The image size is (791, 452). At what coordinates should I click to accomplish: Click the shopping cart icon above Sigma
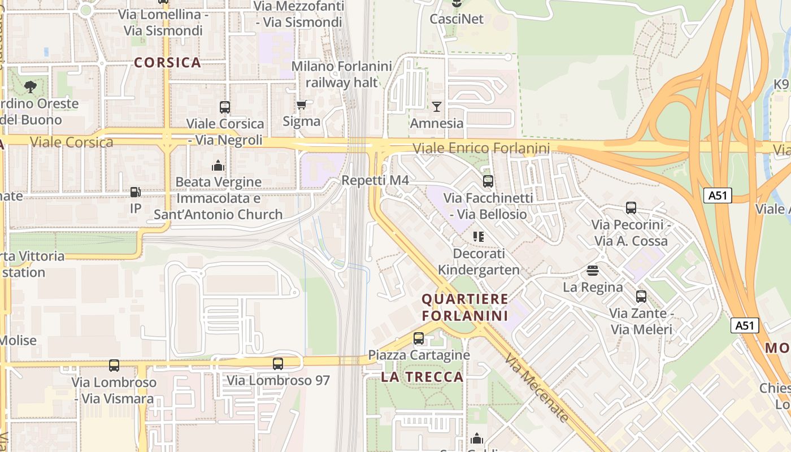coord(301,105)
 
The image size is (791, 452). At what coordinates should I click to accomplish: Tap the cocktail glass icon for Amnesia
coord(436,106)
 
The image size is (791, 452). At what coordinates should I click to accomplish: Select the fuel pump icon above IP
coord(135,192)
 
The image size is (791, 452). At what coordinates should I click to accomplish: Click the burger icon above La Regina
coord(592,270)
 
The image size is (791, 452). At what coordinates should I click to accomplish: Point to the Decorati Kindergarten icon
coord(479,236)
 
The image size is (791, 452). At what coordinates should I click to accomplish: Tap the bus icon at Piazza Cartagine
coord(418,338)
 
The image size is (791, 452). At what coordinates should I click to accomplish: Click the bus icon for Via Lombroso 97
coord(277,363)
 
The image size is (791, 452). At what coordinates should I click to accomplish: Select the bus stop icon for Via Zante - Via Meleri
coord(641,296)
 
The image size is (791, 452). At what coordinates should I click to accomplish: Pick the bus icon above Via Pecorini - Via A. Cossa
coord(631,207)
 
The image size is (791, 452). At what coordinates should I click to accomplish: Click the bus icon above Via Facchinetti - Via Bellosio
coord(488,181)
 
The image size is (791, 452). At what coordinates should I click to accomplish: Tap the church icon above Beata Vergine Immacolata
coord(218,165)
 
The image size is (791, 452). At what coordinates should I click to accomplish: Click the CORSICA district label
coord(168,63)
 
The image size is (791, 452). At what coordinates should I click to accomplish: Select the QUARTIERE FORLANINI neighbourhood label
coord(465,307)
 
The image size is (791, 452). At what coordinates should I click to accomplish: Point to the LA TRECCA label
coord(422,377)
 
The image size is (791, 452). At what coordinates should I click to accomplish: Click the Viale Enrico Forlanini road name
coord(481,149)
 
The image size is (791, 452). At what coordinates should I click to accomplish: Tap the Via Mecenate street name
coord(536,388)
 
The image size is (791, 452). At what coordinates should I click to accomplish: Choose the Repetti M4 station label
coord(375,180)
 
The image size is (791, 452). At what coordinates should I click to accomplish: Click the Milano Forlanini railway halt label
coord(341,74)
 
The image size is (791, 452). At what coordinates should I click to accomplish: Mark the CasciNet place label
coord(457,19)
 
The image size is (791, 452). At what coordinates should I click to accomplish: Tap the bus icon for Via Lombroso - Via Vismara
coord(114,365)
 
